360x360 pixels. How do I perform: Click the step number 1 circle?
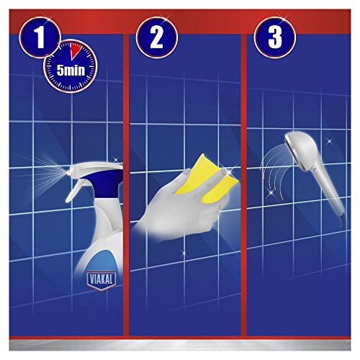click(x=40, y=37)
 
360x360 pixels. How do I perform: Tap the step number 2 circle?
click(x=157, y=37)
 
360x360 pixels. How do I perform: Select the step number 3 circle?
click(x=275, y=37)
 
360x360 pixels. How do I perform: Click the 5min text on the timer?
click(x=71, y=71)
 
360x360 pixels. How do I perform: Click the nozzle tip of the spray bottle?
click(x=68, y=172)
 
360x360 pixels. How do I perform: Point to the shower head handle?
click(x=330, y=189)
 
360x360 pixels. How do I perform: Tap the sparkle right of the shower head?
click(x=330, y=141)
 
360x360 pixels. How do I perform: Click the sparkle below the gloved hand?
click(x=184, y=253)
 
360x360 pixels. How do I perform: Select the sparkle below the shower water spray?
click(x=271, y=192)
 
